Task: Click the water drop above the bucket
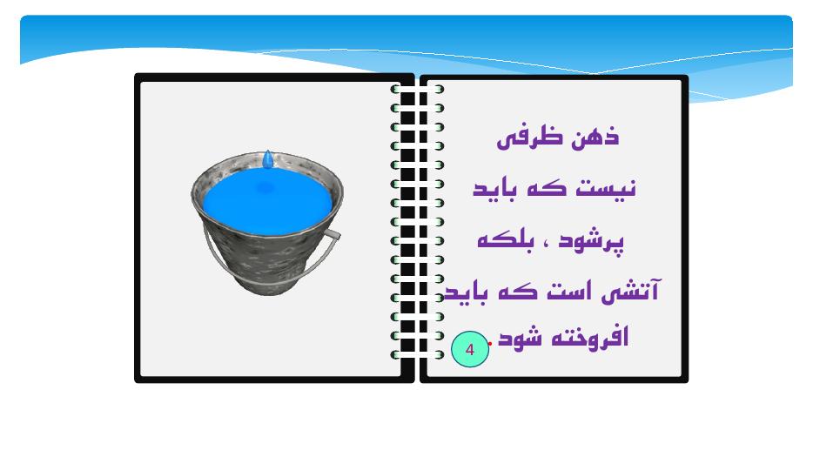tap(267, 159)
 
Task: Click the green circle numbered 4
tap(470, 349)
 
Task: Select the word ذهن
tap(595, 137)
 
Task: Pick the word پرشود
tap(591, 242)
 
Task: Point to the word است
tap(568, 291)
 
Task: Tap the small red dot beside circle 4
tap(490, 343)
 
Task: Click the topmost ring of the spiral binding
tap(417, 89)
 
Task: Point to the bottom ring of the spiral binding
tap(417, 355)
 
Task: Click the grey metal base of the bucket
tap(266, 285)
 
